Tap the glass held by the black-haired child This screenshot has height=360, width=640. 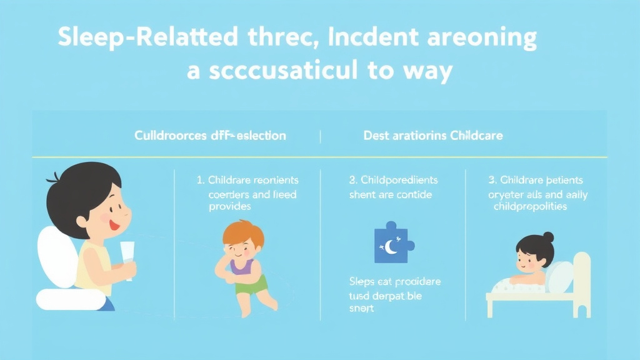(x=129, y=260)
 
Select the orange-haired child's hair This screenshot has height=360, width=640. (x=243, y=233)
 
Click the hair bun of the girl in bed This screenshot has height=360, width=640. (x=548, y=237)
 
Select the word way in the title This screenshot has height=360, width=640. (x=424, y=71)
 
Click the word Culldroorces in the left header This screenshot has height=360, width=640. (x=171, y=135)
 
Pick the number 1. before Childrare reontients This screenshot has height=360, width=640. (x=201, y=180)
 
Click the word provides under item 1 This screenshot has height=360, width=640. (x=229, y=206)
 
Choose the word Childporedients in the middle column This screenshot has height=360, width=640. (x=398, y=180)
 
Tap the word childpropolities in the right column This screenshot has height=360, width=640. (x=530, y=206)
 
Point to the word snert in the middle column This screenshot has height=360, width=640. (x=361, y=309)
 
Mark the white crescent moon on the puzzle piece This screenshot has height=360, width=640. (x=391, y=247)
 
